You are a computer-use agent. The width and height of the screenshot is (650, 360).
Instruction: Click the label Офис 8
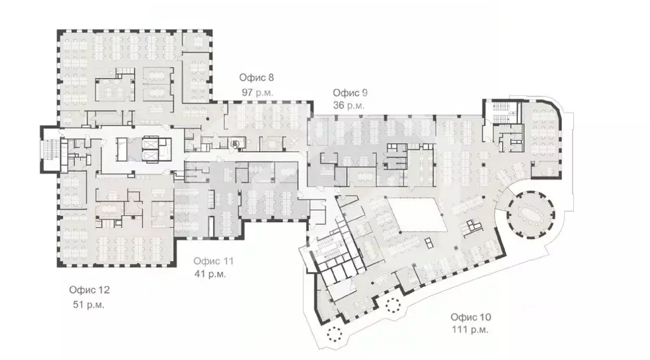click(x=256, y=78)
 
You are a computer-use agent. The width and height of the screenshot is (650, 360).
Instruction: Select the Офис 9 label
click(x=350, y=92)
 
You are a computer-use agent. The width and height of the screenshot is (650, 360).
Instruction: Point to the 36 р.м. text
click(x=348, y=105)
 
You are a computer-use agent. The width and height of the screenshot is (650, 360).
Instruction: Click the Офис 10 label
click(x=470, y=317)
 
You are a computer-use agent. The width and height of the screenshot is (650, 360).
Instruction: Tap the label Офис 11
click(x=214, y=261)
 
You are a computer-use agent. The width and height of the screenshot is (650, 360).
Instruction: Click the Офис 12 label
click(x=90, y=290)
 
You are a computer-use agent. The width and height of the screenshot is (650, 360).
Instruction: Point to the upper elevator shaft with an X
click(x=150, y=144)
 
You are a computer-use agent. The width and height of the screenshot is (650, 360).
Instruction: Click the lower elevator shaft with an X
click(x=150, y=156)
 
